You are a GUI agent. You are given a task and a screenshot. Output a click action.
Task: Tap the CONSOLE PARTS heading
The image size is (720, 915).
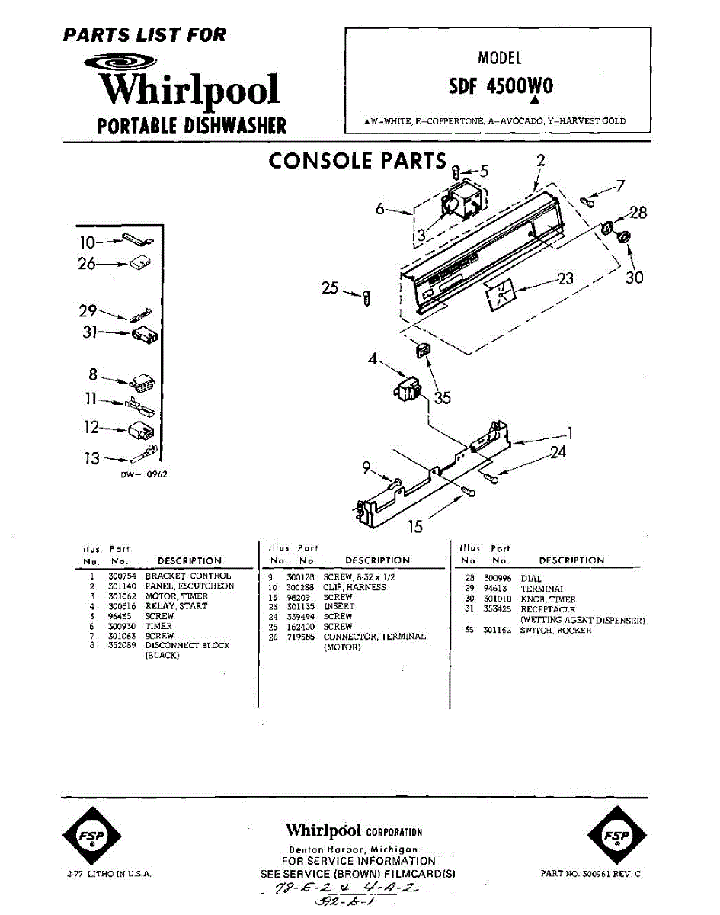coord(357,161)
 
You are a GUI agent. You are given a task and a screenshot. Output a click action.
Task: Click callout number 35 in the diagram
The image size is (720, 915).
coord(443,397)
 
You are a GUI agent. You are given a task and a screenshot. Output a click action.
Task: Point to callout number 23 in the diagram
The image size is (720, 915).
coord(565,279)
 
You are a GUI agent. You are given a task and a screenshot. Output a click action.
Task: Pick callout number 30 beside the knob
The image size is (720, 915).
coord(634,278)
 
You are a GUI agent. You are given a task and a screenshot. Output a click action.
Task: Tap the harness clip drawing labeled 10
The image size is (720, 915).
coord(136,242)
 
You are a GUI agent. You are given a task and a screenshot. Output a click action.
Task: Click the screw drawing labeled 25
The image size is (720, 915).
coord(367,297)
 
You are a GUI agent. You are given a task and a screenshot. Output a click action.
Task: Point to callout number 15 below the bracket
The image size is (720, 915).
coord(415,526)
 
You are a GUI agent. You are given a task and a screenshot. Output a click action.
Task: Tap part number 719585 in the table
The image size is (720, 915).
coord(298,637)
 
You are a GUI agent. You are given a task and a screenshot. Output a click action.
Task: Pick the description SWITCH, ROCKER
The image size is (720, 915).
coord(555,631)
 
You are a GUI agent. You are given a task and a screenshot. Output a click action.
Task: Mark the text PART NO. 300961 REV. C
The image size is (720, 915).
coord(591,874)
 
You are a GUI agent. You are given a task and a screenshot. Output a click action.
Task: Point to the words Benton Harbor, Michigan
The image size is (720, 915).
coord(354,849)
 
